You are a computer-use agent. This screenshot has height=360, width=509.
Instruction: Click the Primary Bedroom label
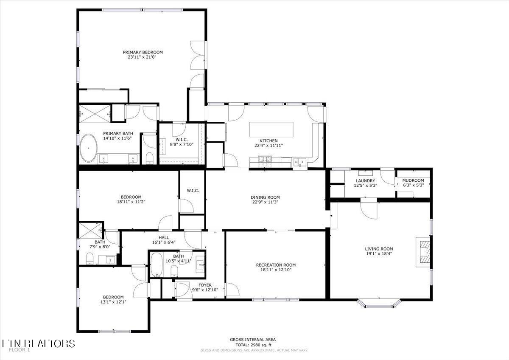(x=143, y=52)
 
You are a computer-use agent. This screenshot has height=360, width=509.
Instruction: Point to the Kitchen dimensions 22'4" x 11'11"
(x=268, y=146)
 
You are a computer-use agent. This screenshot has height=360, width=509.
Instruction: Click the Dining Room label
(x=265, y=197)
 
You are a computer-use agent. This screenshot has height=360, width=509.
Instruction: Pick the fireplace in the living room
(x=423, y=252)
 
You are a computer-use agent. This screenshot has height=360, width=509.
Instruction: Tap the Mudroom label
(x=413, y=180)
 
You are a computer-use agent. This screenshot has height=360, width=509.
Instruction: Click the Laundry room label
(x=365, y=181)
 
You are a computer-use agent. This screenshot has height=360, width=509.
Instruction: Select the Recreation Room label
(x=276, y=265)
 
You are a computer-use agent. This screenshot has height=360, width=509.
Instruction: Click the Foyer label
(x=205, y=285)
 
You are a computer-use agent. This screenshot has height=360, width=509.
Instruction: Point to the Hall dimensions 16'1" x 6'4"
(x=163, y=242)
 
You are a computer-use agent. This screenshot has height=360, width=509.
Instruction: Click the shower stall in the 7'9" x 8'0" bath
(x=90, y=231)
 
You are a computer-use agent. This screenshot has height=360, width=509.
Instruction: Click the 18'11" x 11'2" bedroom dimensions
(x=131, y=202)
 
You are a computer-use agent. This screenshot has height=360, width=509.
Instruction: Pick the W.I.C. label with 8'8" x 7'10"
(x=182, y=144)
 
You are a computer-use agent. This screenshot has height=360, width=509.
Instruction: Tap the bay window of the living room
(x=379, y=303)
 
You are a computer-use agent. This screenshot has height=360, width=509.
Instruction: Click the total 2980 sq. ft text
(x=253, y=345)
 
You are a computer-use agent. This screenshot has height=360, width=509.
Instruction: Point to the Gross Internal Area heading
(x=253, y=339)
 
